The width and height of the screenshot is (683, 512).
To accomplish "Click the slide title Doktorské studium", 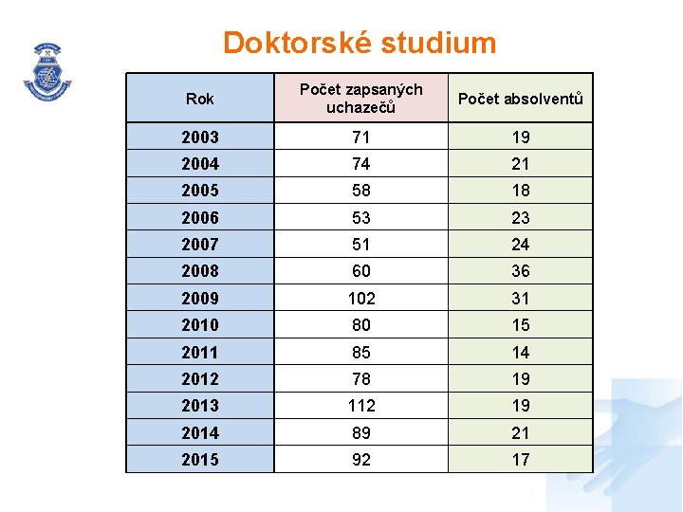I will click(x=360, y=43).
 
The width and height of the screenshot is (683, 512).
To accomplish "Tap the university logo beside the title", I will click(x=47, y=71).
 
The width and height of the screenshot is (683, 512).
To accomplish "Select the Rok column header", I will click(x=200, y=99).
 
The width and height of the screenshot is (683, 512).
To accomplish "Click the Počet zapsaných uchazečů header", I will click(x=360, y=99).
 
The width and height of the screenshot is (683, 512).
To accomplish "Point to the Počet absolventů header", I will click(x=521, y=99).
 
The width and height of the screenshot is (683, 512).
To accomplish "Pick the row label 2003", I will click(x=200, y=137).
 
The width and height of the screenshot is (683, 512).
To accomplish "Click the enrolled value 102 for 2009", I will click(x=361, y=298).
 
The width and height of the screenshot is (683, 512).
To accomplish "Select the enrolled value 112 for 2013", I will click(x=361, y=406).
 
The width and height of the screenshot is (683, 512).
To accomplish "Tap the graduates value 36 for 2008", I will click(x=521, y=271).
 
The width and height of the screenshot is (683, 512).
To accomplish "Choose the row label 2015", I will click(x=200, y=460).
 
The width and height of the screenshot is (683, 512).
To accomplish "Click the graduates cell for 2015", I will click(x=521, y=460).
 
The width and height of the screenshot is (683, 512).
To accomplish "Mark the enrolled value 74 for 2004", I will click(x=361, y=164).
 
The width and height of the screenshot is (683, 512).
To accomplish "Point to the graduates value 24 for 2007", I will click(x=521, y=245).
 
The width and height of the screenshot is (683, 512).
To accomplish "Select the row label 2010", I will click(x=200, y=325).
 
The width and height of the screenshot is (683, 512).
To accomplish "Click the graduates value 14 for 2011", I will click(x=521, y=353).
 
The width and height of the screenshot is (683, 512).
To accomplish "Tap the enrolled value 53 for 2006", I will click(x=361, y=218).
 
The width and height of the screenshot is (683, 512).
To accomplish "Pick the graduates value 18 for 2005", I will click(x=521, y=191).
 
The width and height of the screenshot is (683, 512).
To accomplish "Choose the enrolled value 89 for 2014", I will click(x=361, y=433).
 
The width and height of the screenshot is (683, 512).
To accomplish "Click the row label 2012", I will click(x=200, y=379).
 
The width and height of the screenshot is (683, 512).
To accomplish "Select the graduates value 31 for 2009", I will click(x=521, y=298).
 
